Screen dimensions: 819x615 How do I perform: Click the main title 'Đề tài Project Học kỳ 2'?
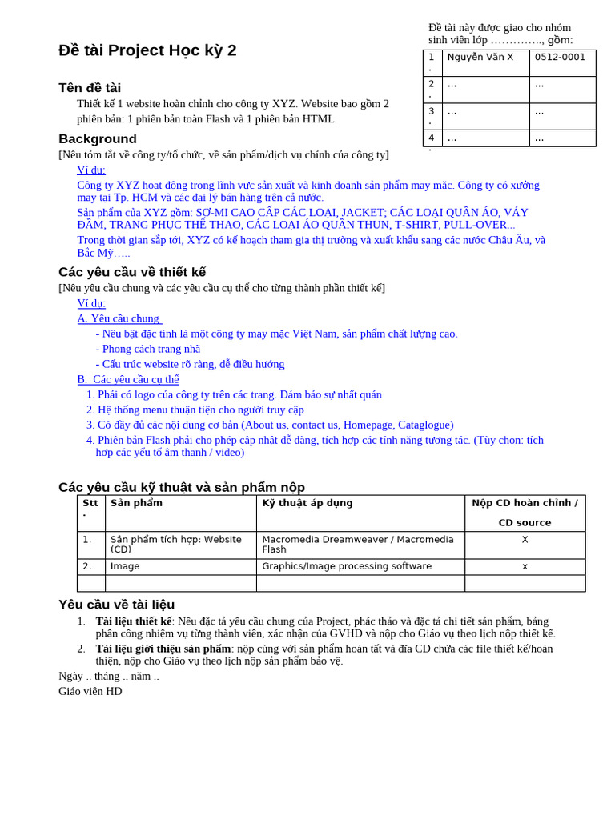coord(147,50)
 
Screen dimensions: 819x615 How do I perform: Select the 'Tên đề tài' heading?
coord(90,88)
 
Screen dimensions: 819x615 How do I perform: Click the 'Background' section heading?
coord(98,139)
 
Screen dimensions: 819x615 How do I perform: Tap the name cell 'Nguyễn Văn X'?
coord(480,58)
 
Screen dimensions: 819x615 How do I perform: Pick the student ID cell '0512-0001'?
coord(560,58)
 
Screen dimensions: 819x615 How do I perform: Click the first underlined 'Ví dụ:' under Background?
coord(91,170)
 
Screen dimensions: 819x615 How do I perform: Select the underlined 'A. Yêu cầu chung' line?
coord(119,318)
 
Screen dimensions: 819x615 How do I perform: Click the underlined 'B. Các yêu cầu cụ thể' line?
coord(128,379)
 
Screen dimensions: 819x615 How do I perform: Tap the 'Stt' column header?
coord(90,504)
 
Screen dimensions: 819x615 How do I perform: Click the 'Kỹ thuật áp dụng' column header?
coord(307,504)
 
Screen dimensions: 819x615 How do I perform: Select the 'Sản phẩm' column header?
coord(136,504)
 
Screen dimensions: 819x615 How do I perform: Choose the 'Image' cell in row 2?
coord(125,566)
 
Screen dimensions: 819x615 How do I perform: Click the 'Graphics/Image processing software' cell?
coord(347,566)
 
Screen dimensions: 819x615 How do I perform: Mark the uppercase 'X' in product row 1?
coord(525,540)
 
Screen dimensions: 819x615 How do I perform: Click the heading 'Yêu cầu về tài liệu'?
coord(116,605)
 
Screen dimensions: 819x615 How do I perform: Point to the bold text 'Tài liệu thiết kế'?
coord(134,621)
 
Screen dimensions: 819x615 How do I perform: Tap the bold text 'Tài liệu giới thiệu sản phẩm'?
coord(163,649)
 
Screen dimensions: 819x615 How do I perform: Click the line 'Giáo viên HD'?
coord(90,691)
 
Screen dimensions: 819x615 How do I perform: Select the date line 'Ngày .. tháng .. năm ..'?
coord(109,677)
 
